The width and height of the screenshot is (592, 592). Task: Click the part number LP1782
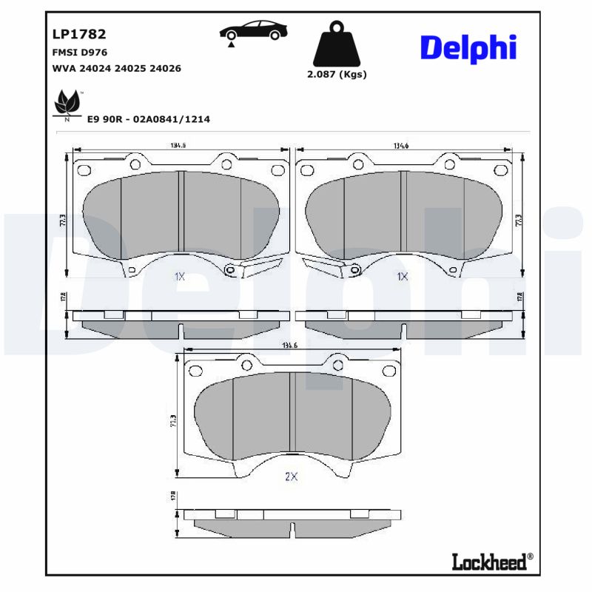(x=78, y=34)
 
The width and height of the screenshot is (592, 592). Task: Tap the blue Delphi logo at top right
(x=468, y=48)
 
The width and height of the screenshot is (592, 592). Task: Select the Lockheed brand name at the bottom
(x=491, y=562)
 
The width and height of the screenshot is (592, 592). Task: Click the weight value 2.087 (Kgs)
(x=337, y=74)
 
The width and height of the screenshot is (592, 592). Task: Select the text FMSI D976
(x=79, y=53)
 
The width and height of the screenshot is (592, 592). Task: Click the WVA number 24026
(x=165, y=68)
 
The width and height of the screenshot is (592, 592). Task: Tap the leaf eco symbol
(x=67, y=103)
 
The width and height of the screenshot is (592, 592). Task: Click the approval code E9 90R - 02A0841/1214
(x=149, y=118)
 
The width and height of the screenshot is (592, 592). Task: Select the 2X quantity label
(x=291, y=477)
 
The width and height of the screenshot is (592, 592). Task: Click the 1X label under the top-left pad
(x=179, y=276)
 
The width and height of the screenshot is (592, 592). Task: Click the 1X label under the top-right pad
(x=402, y=276)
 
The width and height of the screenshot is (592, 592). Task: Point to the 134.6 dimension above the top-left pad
(x=178, y=146)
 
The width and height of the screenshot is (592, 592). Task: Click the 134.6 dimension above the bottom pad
(x=290, y=346)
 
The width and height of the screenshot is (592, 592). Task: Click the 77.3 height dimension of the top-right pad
(x=519, y=220)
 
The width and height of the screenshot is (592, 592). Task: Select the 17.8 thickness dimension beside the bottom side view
(x=173, y=495)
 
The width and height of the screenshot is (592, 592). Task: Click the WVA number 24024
(x=97, y=68)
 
